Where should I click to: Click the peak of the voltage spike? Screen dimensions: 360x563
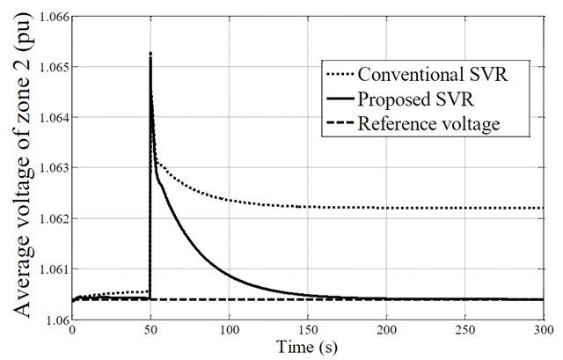(150, 54)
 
